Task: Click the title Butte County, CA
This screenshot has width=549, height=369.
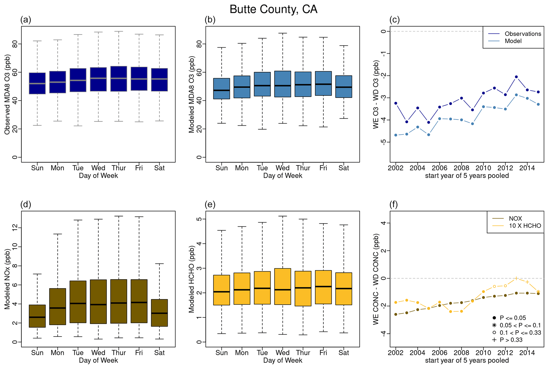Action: (x=273, y=10)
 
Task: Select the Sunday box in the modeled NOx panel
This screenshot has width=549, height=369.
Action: (x=37, y=316)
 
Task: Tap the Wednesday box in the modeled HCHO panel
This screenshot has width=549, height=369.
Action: (x=283, y=286)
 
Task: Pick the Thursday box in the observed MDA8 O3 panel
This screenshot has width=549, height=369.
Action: (x=119, y=79)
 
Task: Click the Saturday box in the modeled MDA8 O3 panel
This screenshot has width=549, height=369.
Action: (x=344, y=86)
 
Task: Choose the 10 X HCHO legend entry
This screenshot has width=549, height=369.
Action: (x=525, y=226)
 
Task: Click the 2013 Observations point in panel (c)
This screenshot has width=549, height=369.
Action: (x=516, y=77)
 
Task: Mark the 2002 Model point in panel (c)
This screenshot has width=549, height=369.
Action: (x=396, y=135)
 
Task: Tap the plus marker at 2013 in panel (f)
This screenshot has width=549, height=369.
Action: (x=516, y=278)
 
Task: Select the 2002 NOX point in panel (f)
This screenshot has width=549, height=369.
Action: (x=396, y=314)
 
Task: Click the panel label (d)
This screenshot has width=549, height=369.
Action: (x=26, y=204)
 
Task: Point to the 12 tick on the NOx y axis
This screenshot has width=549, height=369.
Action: (x=14, y=227)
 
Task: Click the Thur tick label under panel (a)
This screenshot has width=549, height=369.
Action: (x=119, y=168)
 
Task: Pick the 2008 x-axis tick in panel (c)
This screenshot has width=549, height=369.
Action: (x=462, y=168)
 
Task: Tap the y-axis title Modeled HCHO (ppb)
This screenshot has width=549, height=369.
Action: (x=192, y=279)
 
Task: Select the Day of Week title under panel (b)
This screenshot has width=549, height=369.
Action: (x=283, y=176)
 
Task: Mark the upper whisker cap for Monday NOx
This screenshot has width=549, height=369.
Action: (x=58, y=234)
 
